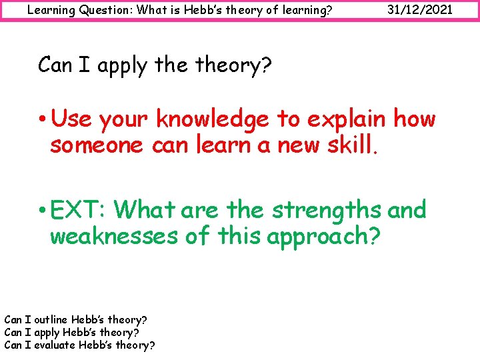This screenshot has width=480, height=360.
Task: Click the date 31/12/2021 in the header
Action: tap(420, 10)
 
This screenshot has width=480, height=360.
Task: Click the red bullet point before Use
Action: tap(43, 120)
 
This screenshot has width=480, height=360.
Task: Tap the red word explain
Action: tap(347, 120)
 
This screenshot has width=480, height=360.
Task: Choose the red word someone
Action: tap(97, 145)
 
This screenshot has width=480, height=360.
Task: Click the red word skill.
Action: tap(352, 145)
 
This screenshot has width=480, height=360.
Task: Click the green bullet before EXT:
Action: tap(43, 210)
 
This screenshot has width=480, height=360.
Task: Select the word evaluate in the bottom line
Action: tap(55, 345)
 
